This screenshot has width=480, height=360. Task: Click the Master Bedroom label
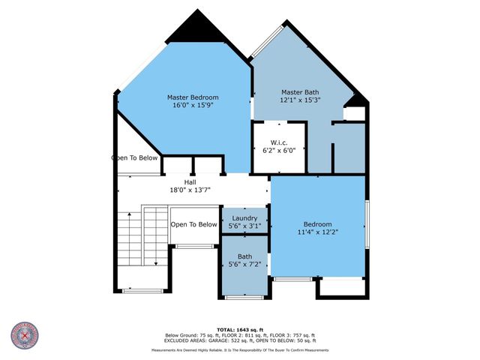pyautogui.click(x=193, y=97)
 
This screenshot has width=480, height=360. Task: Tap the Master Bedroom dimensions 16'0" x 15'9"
pyautogui.click(x=193, y=106)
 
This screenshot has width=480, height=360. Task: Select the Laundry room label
pyautogui.click(x=244, y=217)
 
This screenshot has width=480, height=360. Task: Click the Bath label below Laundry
pyautogui.click(x=244, y=256)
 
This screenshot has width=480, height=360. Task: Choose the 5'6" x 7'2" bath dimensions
pyautogui.click(x=244, y=265)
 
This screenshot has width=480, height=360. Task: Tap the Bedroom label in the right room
pyautogui.click(x=317, y=224)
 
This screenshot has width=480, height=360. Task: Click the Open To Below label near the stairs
pyautogui.click(x=193, y=224)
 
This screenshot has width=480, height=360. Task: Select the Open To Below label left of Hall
pyautogui.click(x=135, y=158)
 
